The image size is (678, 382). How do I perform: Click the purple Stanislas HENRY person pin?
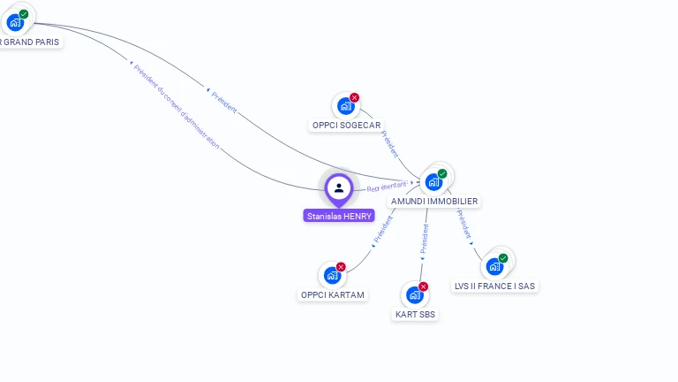point(339,188)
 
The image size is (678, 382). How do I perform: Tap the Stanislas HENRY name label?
point(339,216)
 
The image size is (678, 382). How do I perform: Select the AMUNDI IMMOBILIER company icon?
point(433,182)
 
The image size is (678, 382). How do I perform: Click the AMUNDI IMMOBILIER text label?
point(433,202)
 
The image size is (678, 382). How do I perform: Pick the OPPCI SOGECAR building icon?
point(344,106)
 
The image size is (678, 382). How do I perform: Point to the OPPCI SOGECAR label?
point(346,126)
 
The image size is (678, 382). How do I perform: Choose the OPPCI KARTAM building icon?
point(331,275)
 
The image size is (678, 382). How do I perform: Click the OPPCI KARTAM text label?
point(332,295)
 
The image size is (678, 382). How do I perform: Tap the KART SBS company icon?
point(413,295)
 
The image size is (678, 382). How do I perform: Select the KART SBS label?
point(414,315)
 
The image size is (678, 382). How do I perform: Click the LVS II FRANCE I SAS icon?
point(494,266)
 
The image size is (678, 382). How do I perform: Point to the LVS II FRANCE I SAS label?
point(495,286)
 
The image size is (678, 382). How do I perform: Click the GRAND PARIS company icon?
point(15,22)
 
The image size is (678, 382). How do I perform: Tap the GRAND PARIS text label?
point(30,42)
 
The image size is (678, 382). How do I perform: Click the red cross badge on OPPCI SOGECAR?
point(354,97)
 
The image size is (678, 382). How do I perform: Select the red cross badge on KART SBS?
point(423,286)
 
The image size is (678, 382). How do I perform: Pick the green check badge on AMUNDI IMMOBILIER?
point(442,173)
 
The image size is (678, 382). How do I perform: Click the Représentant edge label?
point(387,187)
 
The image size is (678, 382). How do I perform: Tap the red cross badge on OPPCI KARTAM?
point(341,266)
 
